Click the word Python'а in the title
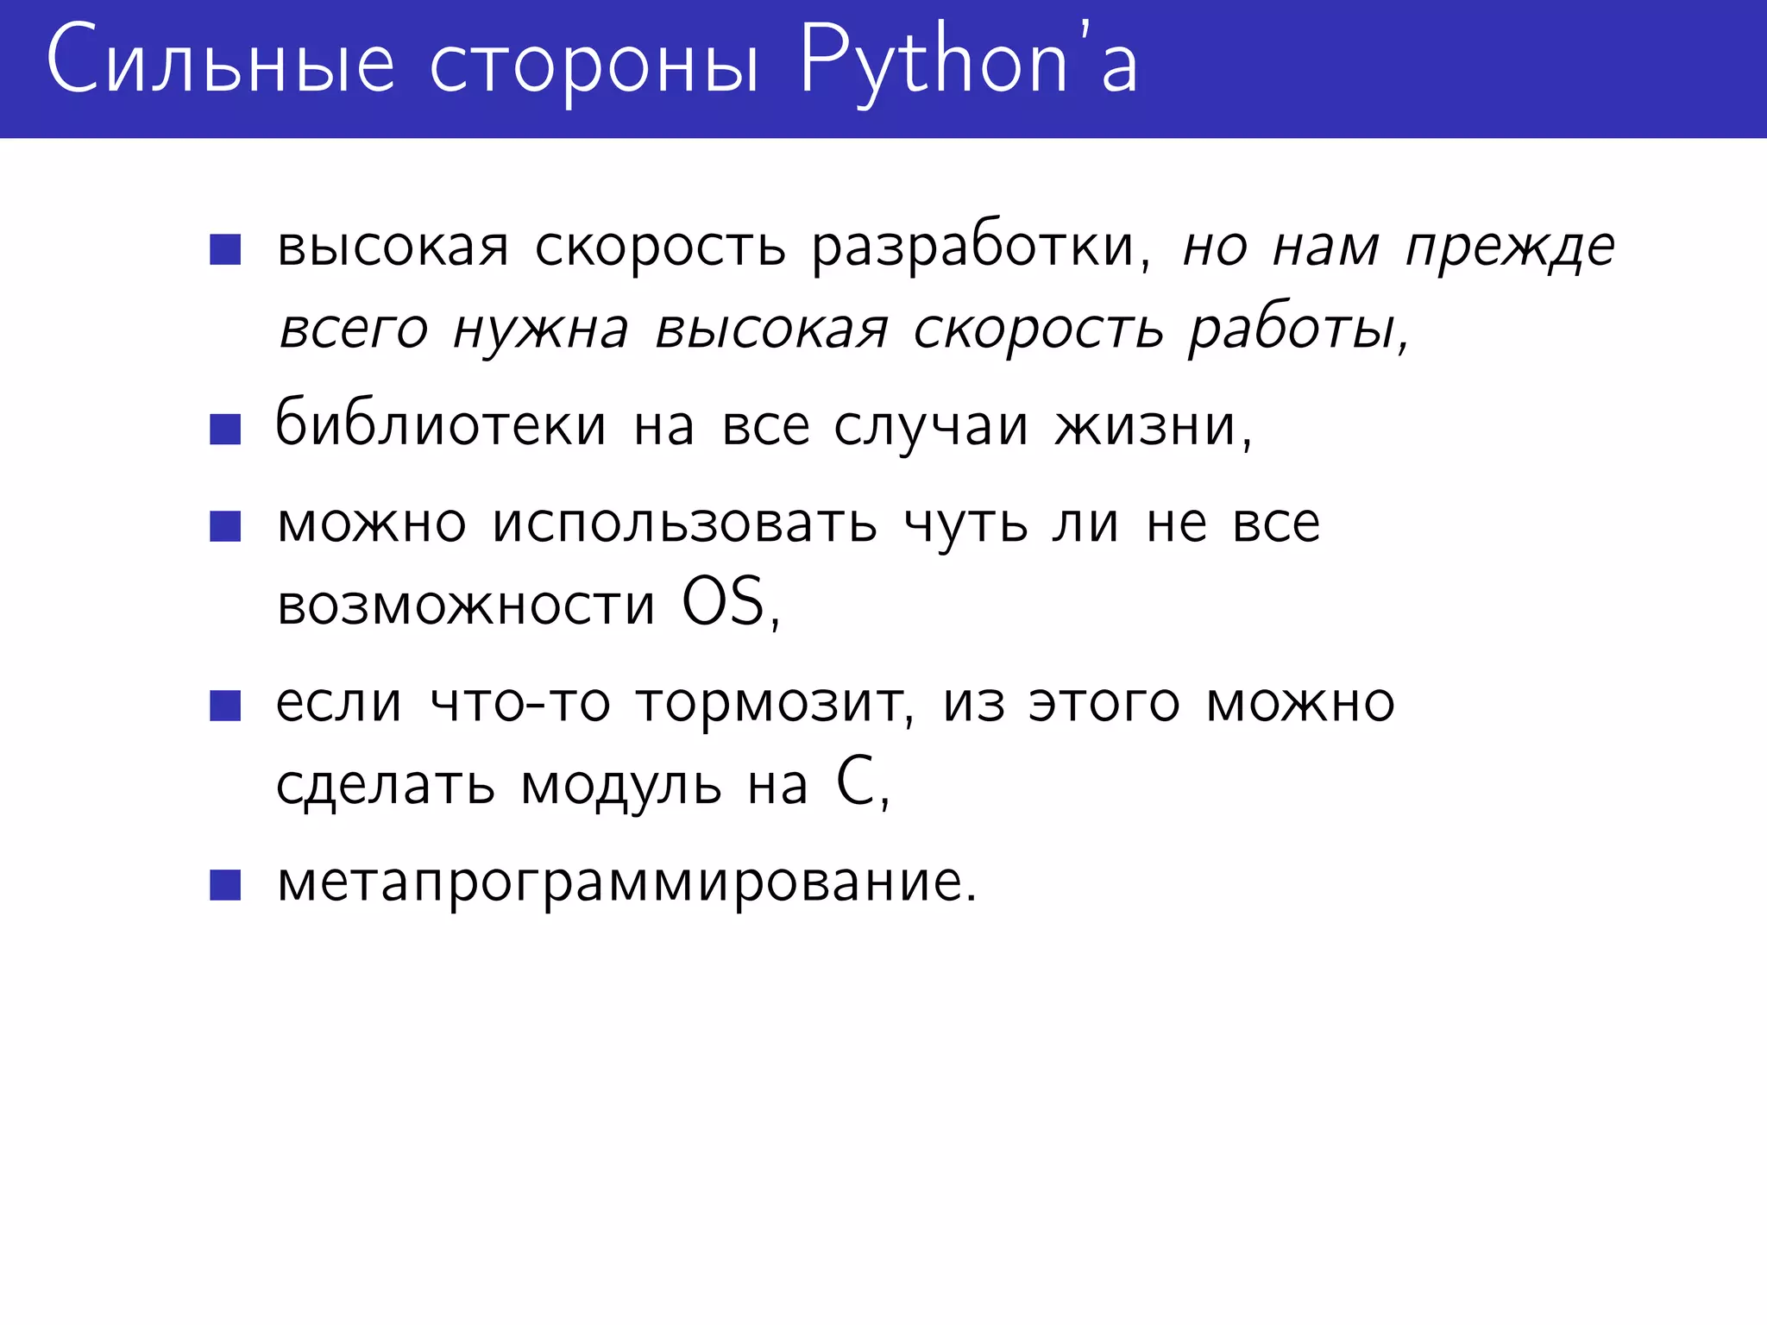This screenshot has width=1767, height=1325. click(x=968, y=62)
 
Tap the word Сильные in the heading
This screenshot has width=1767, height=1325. click(x=221, y=62)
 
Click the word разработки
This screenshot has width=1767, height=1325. click(x=980, y=248)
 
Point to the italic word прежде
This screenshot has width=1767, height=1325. click(x=1510, y=249)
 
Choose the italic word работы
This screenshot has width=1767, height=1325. click(x=1298, y=330)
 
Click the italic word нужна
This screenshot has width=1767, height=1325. click(x=541, y=330)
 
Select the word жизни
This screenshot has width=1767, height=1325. click(x=1152, y=426)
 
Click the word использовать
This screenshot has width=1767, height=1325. click(x=685, y=524)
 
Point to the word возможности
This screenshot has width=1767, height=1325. click(x=466, y=605)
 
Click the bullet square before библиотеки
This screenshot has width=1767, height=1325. click(x=225, y=429)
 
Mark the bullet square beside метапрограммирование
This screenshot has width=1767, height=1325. click(x=225, y=885)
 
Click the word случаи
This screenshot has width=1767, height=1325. click(x=931, y=426)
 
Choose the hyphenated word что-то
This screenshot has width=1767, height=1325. click(x=520, y=703)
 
